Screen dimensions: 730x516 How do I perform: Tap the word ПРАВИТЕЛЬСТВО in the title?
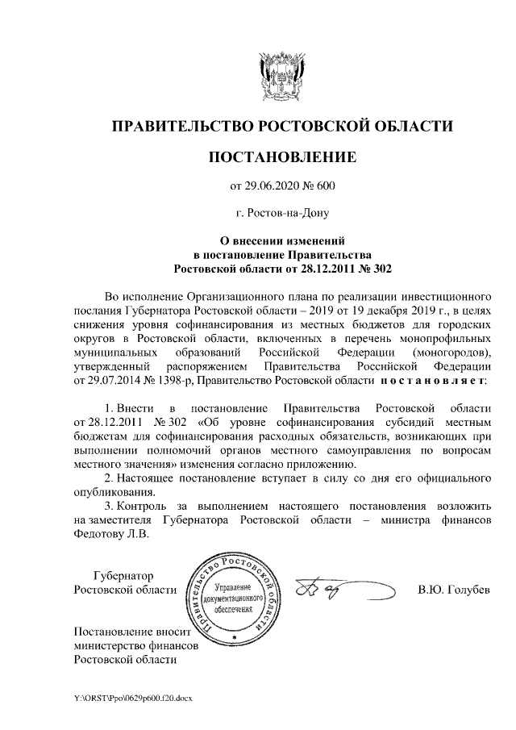(181, 126)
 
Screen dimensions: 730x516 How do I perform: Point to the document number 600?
(324, 186)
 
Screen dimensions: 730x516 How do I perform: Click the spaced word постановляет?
(435, 380)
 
